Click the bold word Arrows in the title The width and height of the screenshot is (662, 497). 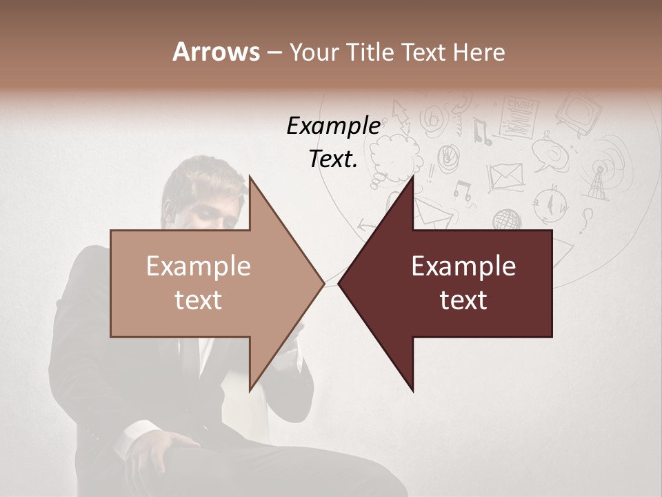point(216,52)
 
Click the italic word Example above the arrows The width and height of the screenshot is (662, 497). point(333,126)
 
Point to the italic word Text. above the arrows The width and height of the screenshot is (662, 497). point(333,159)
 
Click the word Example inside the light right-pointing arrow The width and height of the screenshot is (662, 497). point(199,266)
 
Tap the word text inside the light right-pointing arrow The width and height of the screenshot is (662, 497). point(199,300)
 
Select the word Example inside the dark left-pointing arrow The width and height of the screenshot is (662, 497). point(463,266)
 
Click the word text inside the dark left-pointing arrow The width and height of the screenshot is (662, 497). point(463,300)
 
